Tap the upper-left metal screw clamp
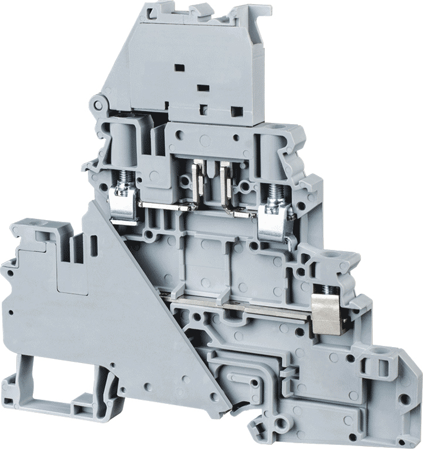coord(123,202)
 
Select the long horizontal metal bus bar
coord(246,308)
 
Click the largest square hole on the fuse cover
coord(237,111)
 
